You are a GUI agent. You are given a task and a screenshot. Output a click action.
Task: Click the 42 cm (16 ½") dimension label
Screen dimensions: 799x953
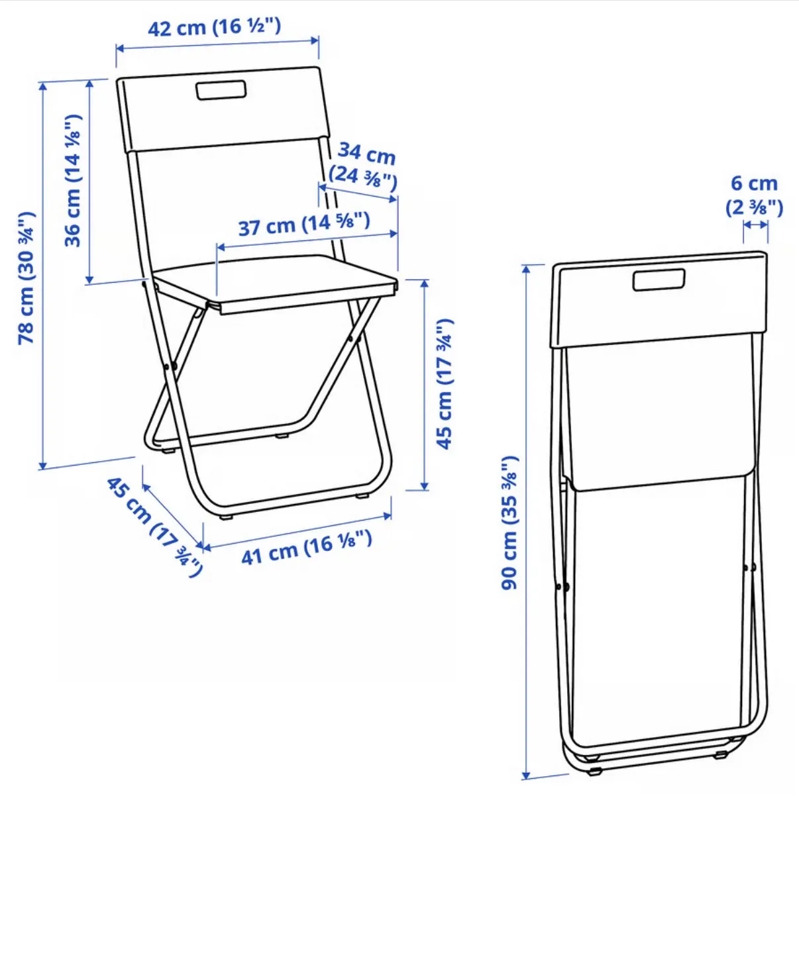point(214,27)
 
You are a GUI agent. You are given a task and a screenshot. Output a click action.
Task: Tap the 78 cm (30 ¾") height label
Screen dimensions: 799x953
point(26,277)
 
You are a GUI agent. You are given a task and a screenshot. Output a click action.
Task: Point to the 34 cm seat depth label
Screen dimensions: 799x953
point(364,167)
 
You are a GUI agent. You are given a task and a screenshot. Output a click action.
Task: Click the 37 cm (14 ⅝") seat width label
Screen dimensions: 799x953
point(304,224)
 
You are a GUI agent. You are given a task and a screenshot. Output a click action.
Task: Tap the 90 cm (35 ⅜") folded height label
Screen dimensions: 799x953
point(510,523)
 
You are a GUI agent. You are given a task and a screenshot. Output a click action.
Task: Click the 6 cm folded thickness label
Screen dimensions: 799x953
point(754,195)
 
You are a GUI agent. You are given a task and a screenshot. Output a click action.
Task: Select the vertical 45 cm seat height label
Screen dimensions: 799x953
point(445,383)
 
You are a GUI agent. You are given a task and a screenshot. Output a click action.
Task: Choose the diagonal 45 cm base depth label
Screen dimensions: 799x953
point(154,527)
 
